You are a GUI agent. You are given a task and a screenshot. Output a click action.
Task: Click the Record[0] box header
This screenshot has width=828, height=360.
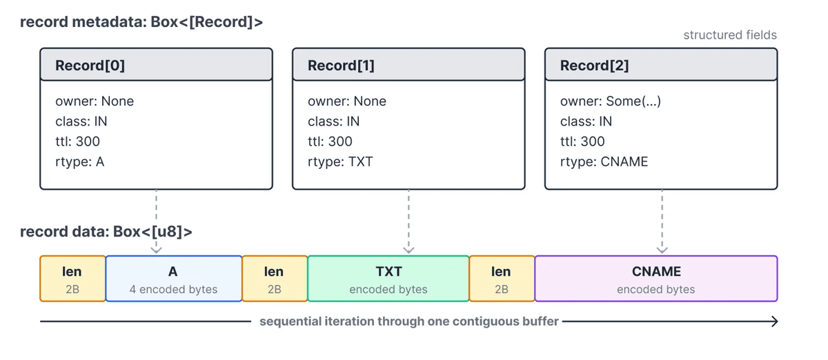pos(157,65)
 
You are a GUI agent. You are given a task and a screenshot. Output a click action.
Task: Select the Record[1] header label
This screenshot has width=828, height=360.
pos(341,66)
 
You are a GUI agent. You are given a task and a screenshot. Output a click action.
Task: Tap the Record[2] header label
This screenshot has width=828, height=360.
pos(594,66)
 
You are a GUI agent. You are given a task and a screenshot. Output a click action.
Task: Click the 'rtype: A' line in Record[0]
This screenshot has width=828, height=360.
pos(80,162)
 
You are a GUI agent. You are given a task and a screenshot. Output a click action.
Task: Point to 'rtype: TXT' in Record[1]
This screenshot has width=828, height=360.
pos(340,162)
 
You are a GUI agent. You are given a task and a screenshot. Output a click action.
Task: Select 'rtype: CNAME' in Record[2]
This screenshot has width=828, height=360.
pos(604,162)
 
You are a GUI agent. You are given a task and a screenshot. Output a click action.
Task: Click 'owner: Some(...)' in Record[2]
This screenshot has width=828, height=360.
pos(610,101)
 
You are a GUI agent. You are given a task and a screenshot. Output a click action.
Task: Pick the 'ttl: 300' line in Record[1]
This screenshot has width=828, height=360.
pos(330,141)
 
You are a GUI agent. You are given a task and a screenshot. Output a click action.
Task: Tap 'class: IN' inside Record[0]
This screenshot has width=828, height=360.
pos(81,121)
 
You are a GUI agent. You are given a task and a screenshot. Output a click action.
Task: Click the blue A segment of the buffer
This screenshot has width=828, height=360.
pos(174,279)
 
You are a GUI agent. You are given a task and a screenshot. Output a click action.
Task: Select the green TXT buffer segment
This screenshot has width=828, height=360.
pos(388,279)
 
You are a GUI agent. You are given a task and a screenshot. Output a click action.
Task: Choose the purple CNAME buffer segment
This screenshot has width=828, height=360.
pos(656,279)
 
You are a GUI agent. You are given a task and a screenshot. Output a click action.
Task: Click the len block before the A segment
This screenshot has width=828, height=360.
pos(73,279)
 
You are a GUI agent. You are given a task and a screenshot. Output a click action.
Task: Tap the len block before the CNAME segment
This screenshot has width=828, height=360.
pos(502,279)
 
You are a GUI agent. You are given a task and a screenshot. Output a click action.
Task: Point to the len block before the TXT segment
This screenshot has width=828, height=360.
pos(275,279)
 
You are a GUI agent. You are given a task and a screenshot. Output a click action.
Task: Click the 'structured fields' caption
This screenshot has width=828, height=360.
pos(730,35)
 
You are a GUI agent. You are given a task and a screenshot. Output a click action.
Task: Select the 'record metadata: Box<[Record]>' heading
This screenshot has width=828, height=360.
pos(141,22)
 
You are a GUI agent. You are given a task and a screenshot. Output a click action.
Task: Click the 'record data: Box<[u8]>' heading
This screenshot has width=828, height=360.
pos(106,232)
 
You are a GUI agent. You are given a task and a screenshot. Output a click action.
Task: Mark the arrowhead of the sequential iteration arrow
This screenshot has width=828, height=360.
pos(777,321)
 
